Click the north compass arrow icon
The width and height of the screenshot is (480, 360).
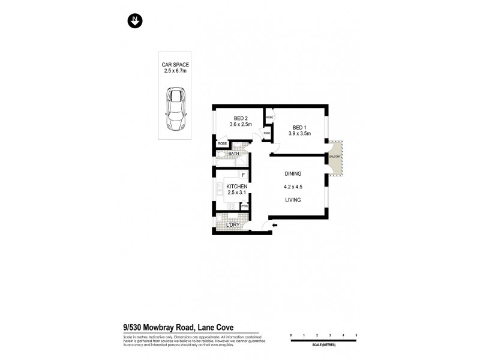136,21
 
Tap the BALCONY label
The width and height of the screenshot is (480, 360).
335,157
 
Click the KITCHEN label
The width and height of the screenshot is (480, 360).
237,186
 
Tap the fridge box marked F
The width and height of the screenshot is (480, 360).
243,175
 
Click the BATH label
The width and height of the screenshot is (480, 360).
234,154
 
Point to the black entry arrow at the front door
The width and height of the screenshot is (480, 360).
274,226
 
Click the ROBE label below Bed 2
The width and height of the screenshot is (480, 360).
223,144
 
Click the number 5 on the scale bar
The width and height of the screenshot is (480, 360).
356,334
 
